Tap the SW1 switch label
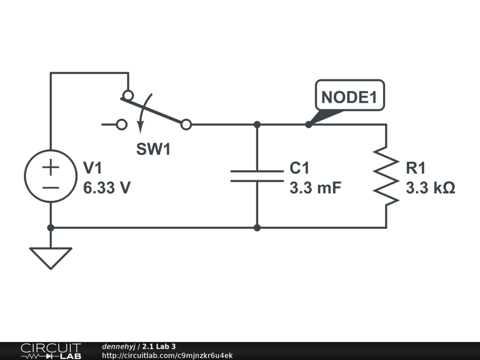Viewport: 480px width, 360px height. pyautogui.click(x=153, y=149)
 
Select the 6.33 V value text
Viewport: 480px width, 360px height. pyautogui.click(x=107, y=187)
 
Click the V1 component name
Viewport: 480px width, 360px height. pyautogui.click(x=92, y=168)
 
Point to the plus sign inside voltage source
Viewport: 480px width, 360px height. pyautogui.click(x=51, y=167)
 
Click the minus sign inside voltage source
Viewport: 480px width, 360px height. pyautogui.click(x=51, y=187)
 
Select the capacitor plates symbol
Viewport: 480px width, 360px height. pyautogui.click(x=257, y=176)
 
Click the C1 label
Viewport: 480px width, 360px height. pyautogui.click(x=300, y=168)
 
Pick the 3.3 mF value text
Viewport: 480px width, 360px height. pyautogui.click(x=315, y=187)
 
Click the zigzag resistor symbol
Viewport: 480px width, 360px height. pyautogui.click(x=386, y=176)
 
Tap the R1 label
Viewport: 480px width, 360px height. pyautogui.click(x=415, y=168)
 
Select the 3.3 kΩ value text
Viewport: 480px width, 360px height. pyautogui.click(x=430, y=187)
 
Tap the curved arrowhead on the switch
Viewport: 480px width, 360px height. pyautogui.click(x=141, y=127)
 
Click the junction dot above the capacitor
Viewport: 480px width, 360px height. pyautogui.click(x=257, y=125)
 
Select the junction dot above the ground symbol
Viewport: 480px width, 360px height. pyautogui.click(x=51, y=228)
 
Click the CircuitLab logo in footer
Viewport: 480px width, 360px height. pyautogui.click(x=51, y=351)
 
